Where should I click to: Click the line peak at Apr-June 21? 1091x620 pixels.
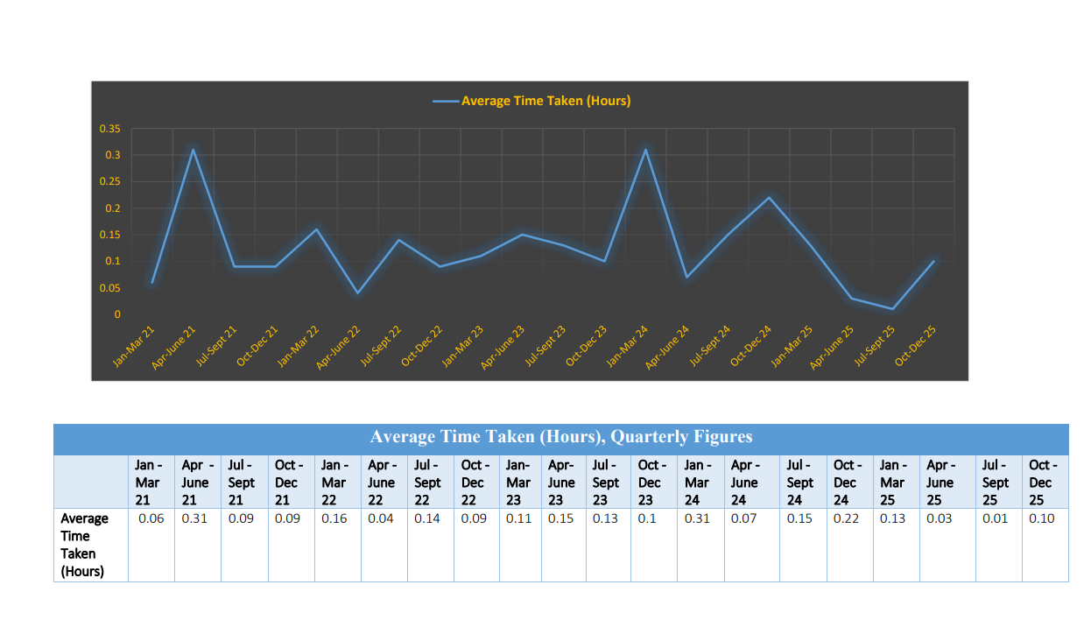193,150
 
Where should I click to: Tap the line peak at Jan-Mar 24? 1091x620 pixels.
645,150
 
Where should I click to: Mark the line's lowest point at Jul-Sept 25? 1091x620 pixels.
892,308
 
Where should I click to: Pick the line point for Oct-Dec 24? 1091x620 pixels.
769,198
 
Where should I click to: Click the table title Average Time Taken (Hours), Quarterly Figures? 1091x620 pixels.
561,437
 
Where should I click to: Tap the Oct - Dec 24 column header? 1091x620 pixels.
845,483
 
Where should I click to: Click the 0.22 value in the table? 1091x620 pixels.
847,518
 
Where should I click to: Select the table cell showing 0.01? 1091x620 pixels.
995,518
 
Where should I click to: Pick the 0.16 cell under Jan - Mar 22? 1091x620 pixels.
334,518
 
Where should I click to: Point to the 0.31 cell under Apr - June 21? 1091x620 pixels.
194,518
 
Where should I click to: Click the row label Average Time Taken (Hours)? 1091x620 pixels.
84,545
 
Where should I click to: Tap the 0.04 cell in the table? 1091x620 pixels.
381,518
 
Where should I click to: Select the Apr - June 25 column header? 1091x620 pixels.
940,483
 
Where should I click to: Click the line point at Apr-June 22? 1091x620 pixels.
357,292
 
